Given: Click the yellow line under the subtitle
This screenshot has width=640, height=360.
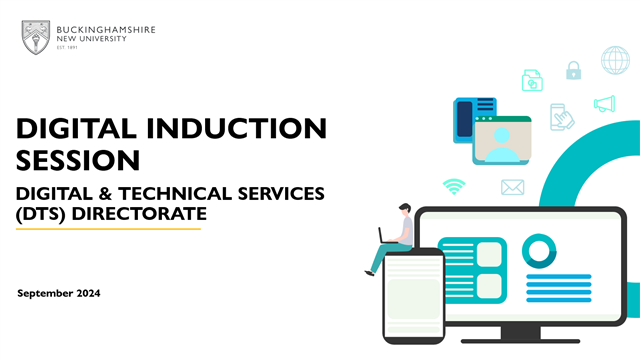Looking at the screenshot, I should tap(109, 229).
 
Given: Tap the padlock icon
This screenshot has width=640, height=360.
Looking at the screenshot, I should tap(573, 70).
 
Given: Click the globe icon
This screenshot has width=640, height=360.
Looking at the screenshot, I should tap(615, 60).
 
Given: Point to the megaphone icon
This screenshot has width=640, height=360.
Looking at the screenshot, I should tap(604, 103).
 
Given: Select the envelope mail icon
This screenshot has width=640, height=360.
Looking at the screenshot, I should tap(513, 186).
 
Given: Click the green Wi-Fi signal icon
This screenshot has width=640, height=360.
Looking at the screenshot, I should tap(455, 186).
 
